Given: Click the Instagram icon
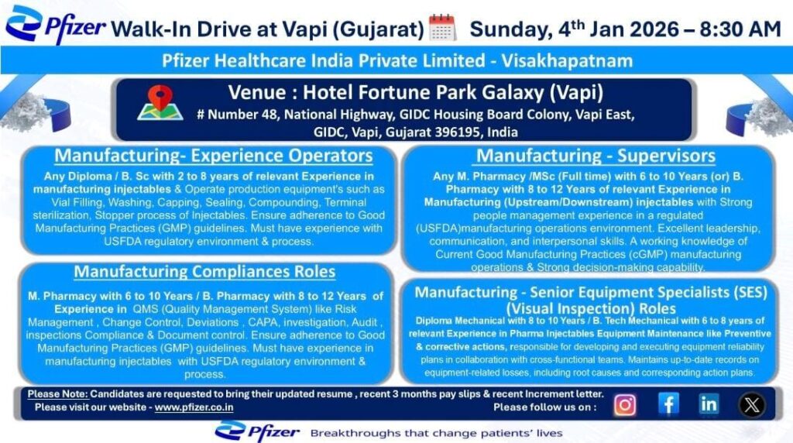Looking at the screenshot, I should coord(625,404).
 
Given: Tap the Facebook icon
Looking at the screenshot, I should coord(668,404).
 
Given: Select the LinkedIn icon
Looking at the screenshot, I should coord(709,404).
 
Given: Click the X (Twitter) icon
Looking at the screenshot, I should coord(751,404).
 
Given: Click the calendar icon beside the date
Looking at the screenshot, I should coord(442,28).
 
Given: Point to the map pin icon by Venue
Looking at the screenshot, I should coord(160,103).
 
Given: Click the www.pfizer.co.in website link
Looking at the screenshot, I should coord(194,407).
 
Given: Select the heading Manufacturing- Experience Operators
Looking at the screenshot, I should coord(213,156).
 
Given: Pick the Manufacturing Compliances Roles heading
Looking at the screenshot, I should coord(204,272).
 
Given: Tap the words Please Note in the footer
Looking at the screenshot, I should coord(57,394).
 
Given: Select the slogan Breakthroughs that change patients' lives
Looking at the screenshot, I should coord(436,432).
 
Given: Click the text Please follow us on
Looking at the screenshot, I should coord(544,407).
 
